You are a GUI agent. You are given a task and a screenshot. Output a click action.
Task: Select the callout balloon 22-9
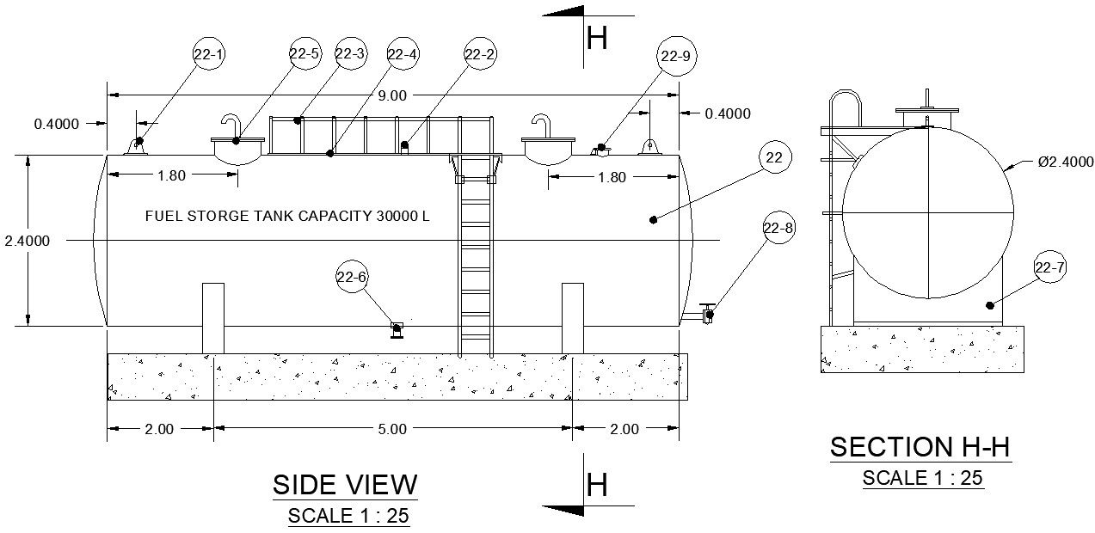tap(675, 57)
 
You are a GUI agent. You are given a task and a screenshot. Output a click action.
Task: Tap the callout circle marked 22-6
tap(351, 277)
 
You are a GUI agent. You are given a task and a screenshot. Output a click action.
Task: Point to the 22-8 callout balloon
tap(779, 229)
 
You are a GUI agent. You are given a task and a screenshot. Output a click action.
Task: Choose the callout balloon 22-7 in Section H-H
tap(1049, 269)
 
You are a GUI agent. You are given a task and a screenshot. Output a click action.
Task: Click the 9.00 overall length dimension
tap(392, 95)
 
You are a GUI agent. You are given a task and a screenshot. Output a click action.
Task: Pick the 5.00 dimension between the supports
tap(392, 430)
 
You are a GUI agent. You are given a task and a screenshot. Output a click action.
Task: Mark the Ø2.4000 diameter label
tap(1065, 162)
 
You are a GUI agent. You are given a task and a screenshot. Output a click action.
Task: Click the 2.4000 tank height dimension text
tap(27, 241)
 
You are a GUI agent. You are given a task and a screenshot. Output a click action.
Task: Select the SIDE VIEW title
tap(345, 485)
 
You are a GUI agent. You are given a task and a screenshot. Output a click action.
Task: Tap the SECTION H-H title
tap(920, 447)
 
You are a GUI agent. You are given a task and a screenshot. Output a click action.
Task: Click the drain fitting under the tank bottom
tap(397, 328)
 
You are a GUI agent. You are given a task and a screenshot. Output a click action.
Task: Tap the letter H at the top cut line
tap(596, 38)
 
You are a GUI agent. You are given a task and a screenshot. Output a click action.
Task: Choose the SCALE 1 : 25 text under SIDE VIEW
tap(348, 517)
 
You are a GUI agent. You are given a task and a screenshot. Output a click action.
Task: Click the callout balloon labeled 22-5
tap(305, 55)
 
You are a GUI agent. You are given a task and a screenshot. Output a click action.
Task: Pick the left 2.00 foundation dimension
tap(159, 430)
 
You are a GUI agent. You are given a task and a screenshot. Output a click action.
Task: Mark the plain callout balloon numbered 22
tap(774, 158)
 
